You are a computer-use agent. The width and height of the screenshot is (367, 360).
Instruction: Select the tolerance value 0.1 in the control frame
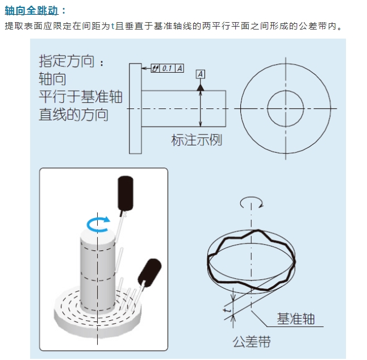[x=168, y=68]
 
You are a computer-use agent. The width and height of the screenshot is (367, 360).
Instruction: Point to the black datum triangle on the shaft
[x=200, y=87]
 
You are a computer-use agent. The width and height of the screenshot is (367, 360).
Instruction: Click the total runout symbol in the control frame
[x=156, y=68]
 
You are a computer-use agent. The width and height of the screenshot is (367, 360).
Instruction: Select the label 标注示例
[x=197, y=140]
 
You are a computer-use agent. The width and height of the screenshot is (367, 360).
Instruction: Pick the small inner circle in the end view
[x=285, y=108]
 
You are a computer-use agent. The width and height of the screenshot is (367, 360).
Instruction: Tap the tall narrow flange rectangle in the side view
[x=135, y=108]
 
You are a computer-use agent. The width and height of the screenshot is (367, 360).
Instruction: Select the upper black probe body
[x=125, y=193]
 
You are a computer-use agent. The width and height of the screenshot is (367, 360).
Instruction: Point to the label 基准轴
[x=295, y=319]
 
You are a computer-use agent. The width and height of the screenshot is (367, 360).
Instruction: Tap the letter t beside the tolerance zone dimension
[x=226, y=310]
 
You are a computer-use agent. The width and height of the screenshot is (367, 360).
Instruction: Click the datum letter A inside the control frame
[x=180, y=68]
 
